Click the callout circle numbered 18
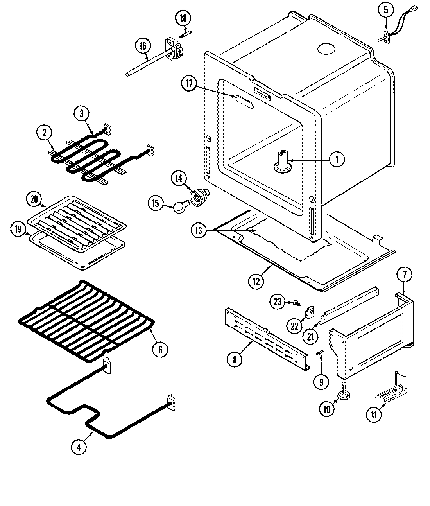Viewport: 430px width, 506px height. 183,18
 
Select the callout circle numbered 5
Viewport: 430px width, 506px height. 386,11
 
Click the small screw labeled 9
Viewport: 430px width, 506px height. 319,353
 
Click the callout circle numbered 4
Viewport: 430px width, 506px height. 79,448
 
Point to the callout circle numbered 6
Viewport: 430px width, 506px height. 160,349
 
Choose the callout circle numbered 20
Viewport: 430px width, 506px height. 35,199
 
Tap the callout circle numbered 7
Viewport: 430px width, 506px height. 404,275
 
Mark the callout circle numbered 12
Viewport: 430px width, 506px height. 256,282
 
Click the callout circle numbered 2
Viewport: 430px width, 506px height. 45,133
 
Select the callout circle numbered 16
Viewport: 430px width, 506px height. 143,46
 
